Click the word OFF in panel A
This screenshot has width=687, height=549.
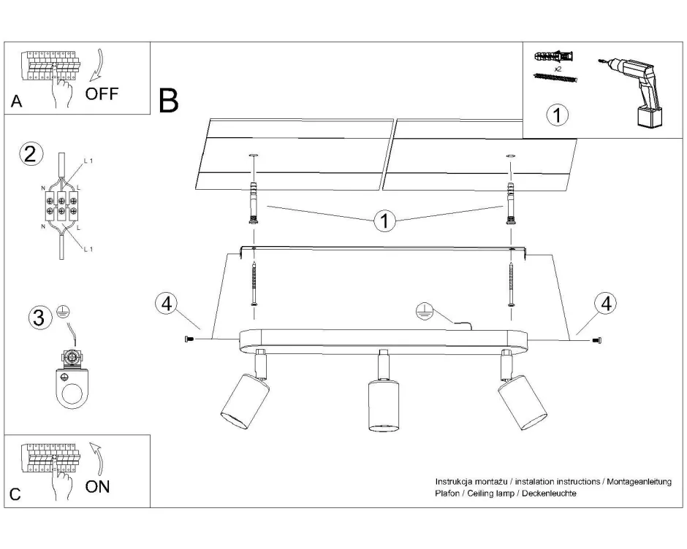pyautogui.click(x=101, y=95)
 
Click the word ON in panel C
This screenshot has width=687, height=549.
pyautogui.click(x=98, y=487)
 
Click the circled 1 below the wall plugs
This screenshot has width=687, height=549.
pyautogui.click(x=557, y=115)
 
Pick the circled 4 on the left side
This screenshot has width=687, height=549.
pyautogui.click(x=166, y=304)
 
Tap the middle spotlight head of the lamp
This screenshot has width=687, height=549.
pyautogui.click(x=381, y=405)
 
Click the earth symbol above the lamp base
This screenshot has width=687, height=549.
pyautogui.click(x=422, y=311)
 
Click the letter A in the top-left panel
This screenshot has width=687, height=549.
pyautogui.click(x=16, y=104)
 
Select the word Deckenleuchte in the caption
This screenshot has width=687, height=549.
pyautogui.click(x=553, y=494)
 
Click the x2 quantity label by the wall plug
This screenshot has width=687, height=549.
pyautogui.click(x=557, y=68)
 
